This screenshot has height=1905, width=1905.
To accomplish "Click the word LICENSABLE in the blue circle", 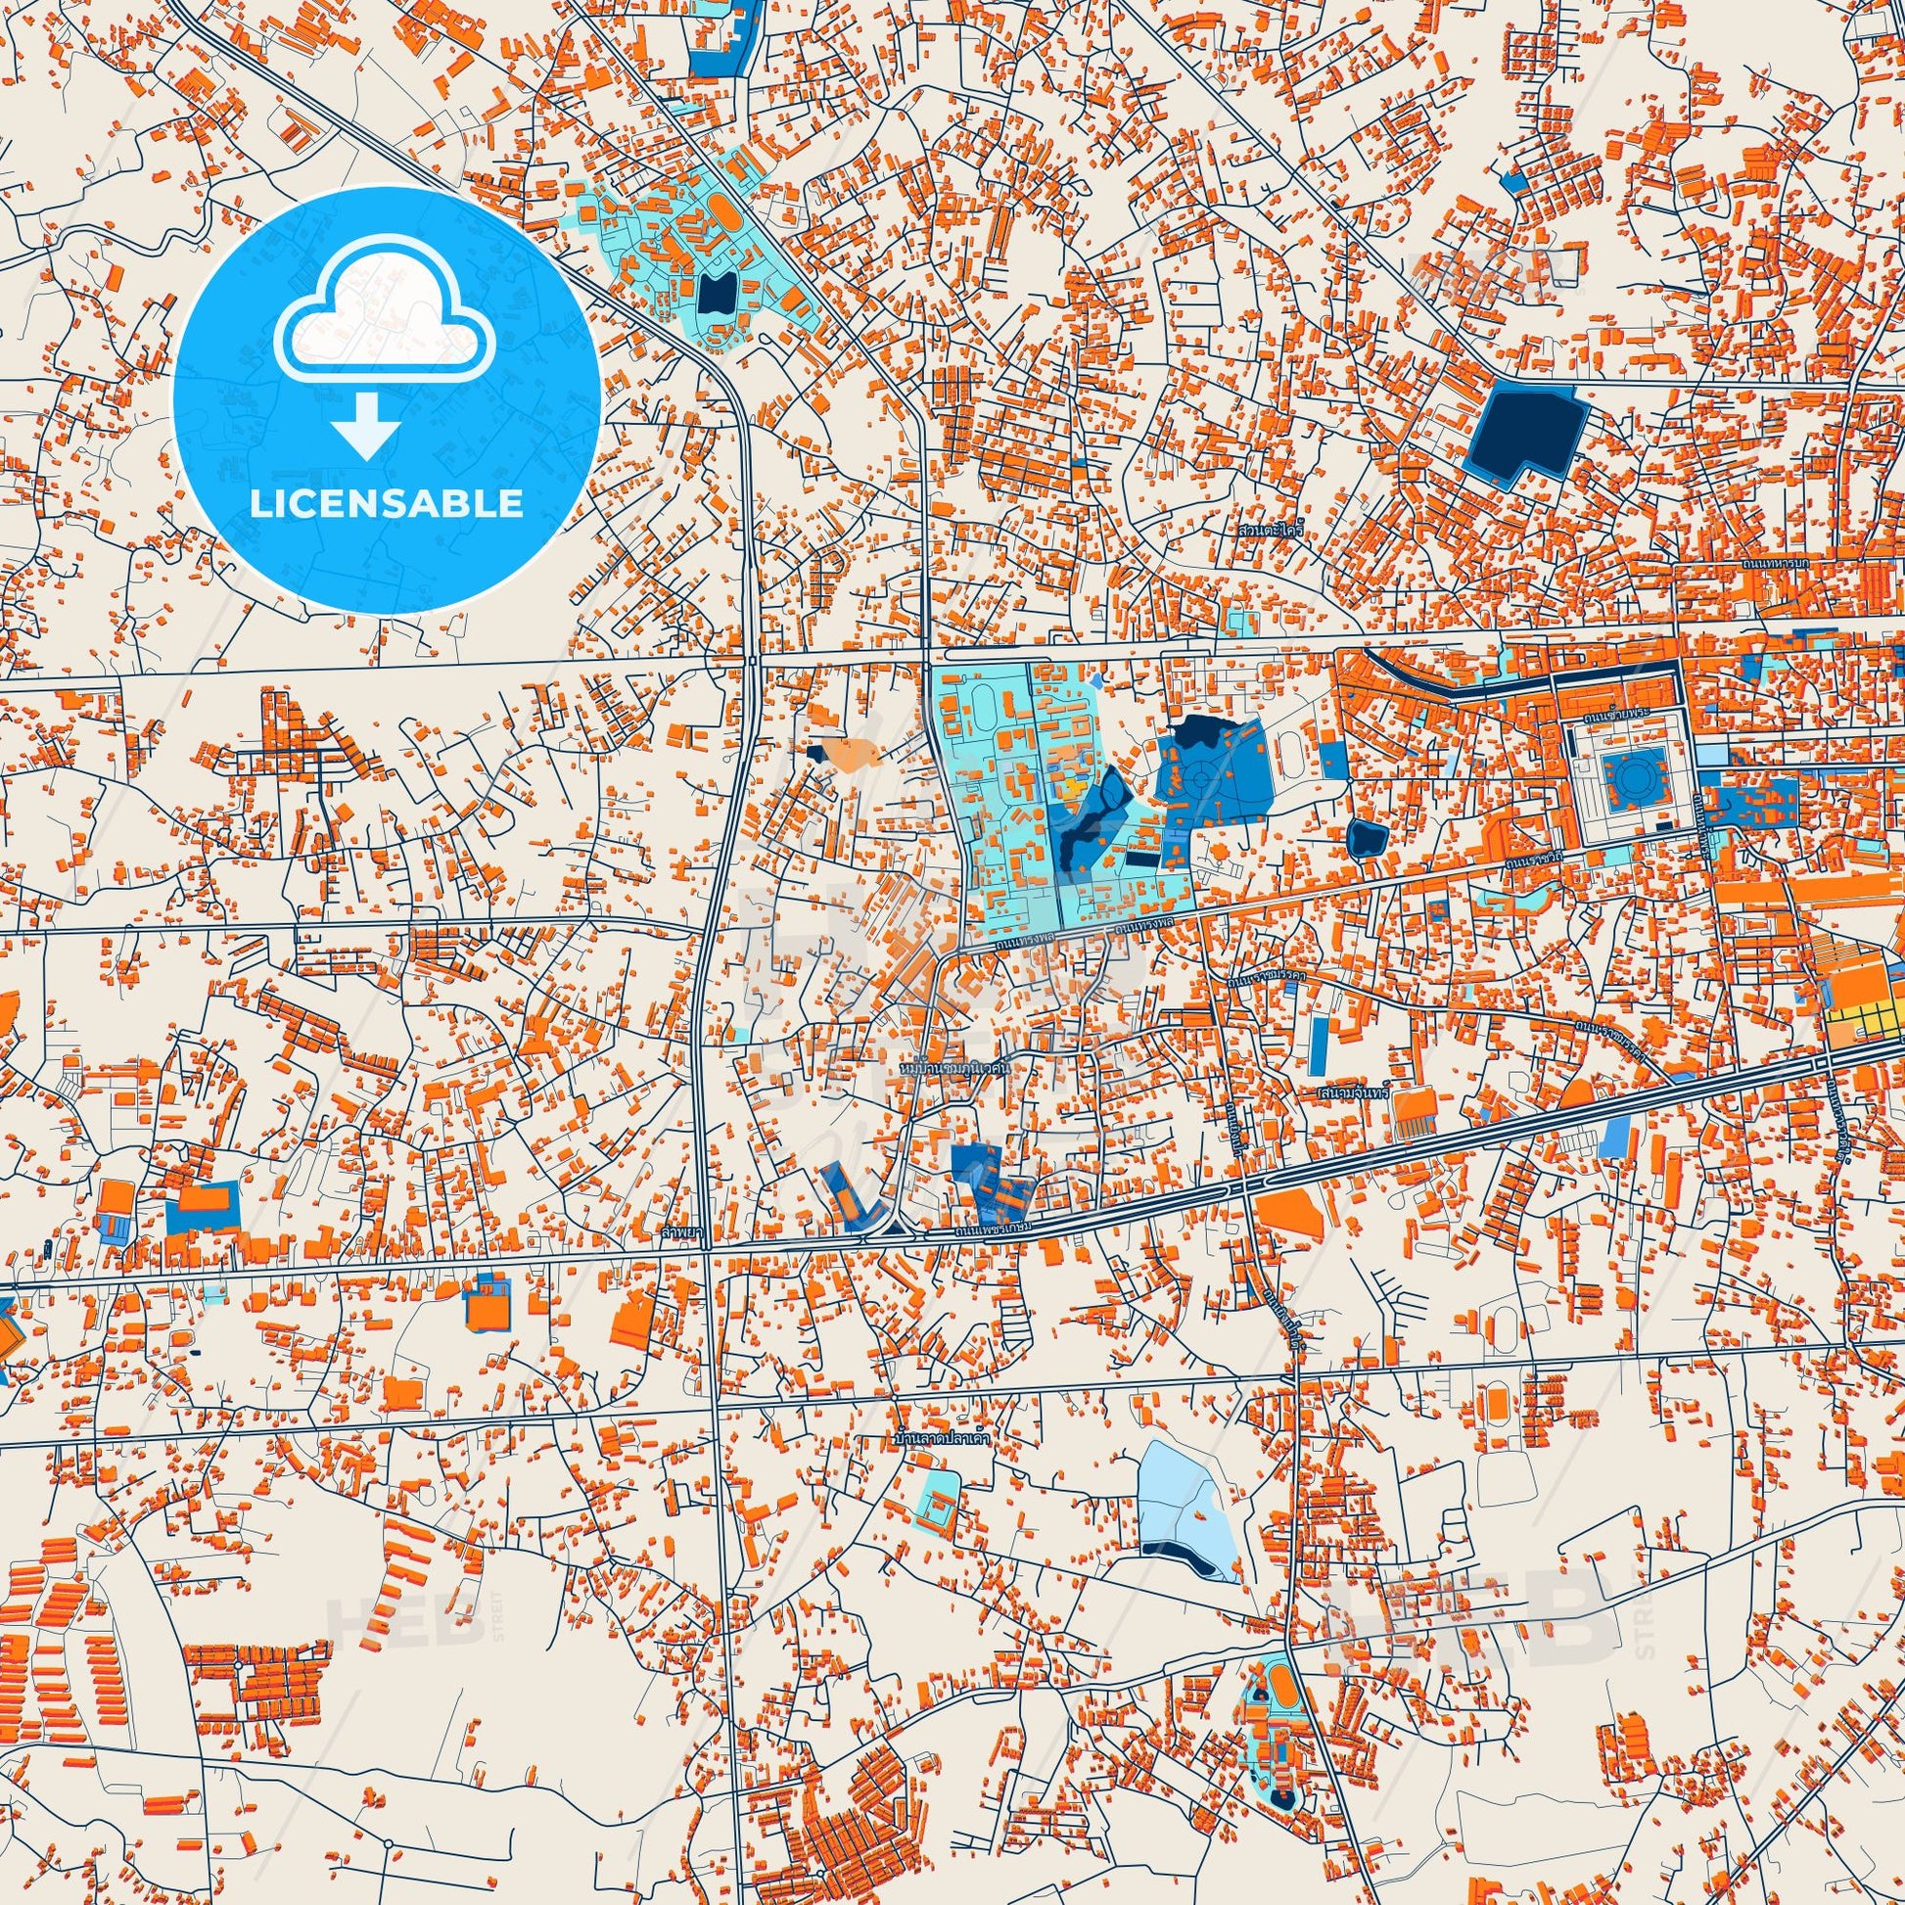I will [386, 504].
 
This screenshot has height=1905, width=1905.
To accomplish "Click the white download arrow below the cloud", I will [366, 425].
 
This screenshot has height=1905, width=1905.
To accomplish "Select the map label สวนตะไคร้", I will [1272, 530].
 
